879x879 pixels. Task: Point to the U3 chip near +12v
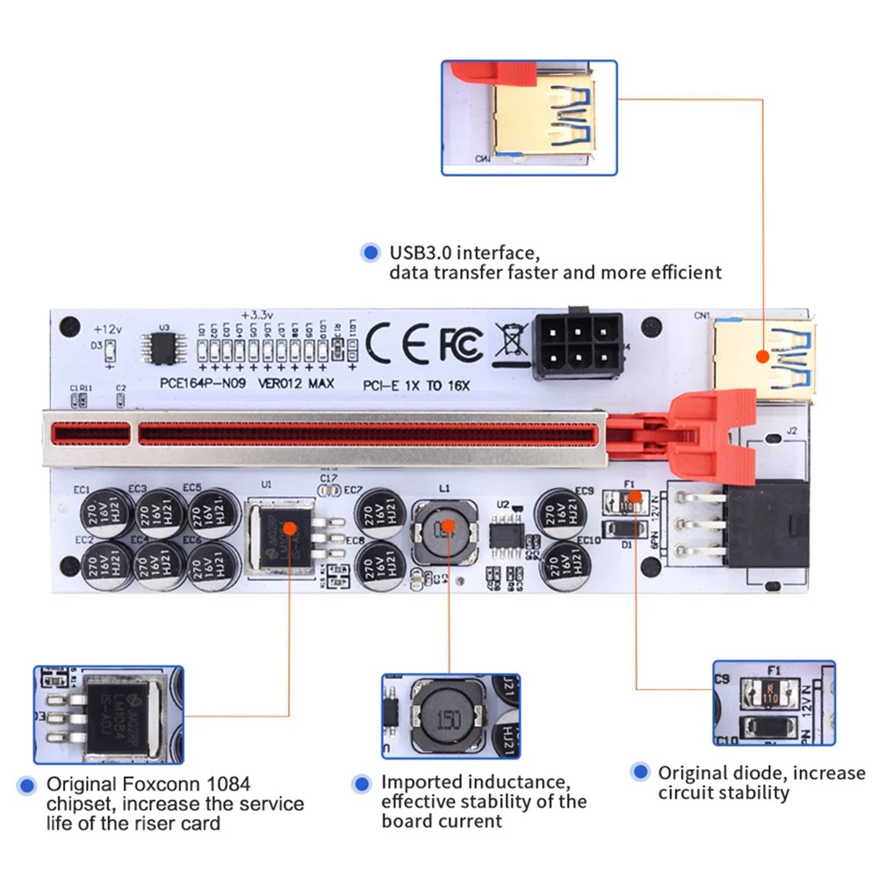(x=164, y=349)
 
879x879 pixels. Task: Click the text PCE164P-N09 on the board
(x=203, y=384)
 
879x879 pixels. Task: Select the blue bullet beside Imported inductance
(x=359, y=783)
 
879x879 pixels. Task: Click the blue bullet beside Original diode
(x=639, y=773)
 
